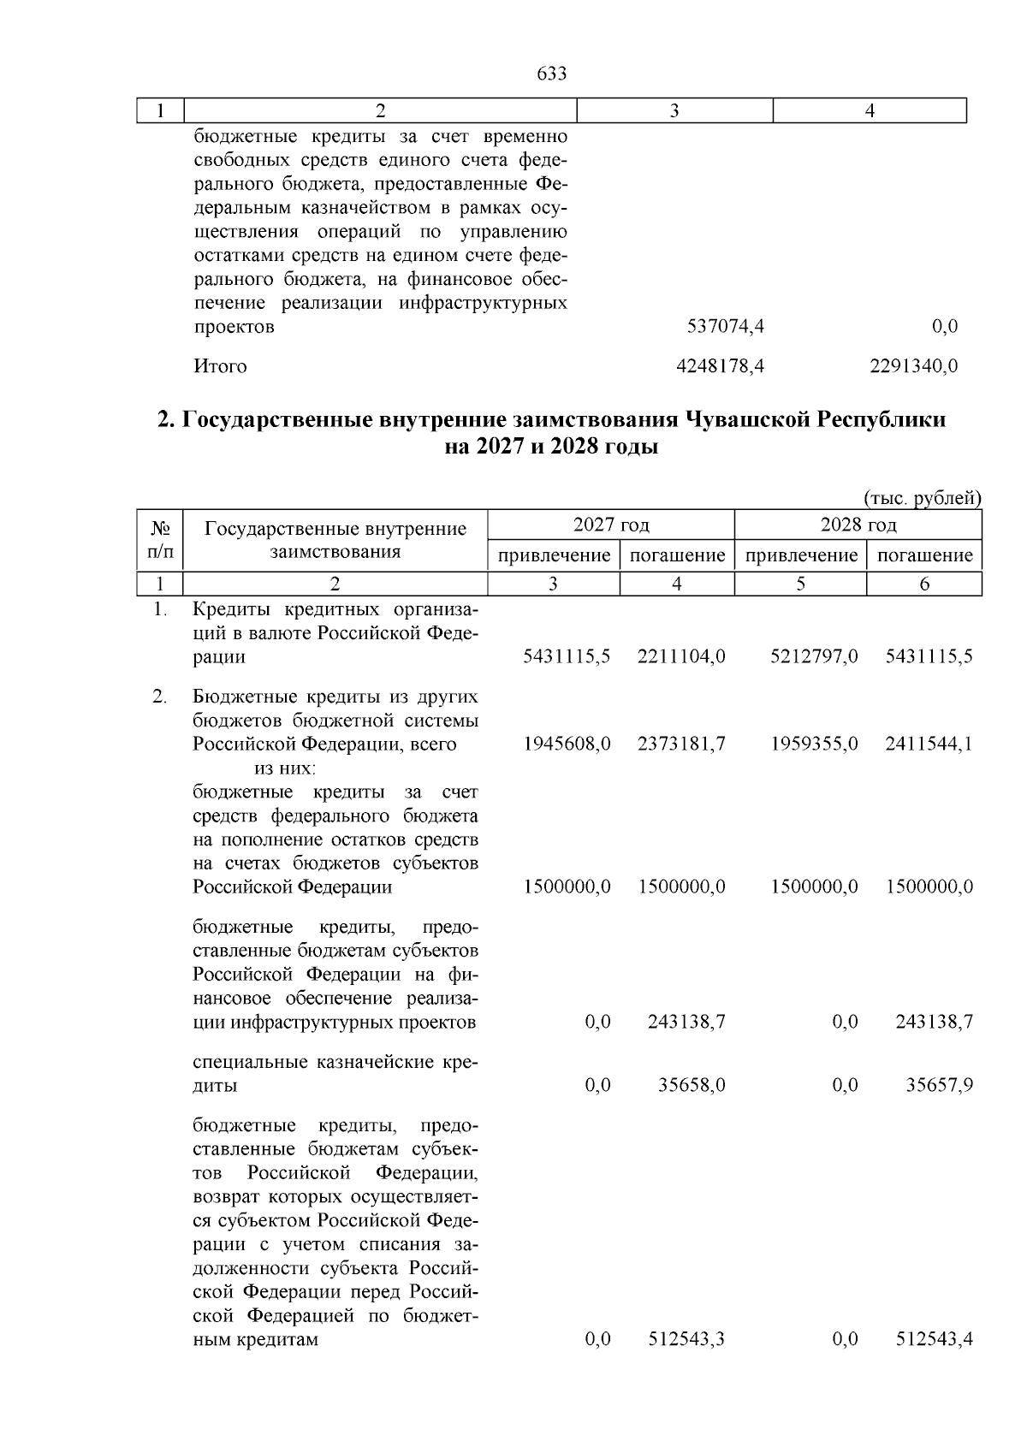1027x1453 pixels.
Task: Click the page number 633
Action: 551,74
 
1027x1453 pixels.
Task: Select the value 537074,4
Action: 726,326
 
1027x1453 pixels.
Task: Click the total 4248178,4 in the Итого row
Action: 720,366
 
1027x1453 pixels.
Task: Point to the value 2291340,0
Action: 913,366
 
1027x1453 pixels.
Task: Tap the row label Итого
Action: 220,366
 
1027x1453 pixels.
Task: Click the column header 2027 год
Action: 610,524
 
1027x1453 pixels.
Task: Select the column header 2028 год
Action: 858,524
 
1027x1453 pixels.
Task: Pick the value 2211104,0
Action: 681,656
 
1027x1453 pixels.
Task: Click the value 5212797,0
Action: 814,656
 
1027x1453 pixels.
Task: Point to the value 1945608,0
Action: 567,744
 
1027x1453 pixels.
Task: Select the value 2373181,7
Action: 681,744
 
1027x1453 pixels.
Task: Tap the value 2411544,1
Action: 929,744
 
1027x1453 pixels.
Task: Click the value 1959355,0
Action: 814,744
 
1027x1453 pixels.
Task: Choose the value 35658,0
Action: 692,1086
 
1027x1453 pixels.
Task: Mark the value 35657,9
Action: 939,1086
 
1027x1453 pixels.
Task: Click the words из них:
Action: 285,768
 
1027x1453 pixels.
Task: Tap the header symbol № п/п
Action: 160,540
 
